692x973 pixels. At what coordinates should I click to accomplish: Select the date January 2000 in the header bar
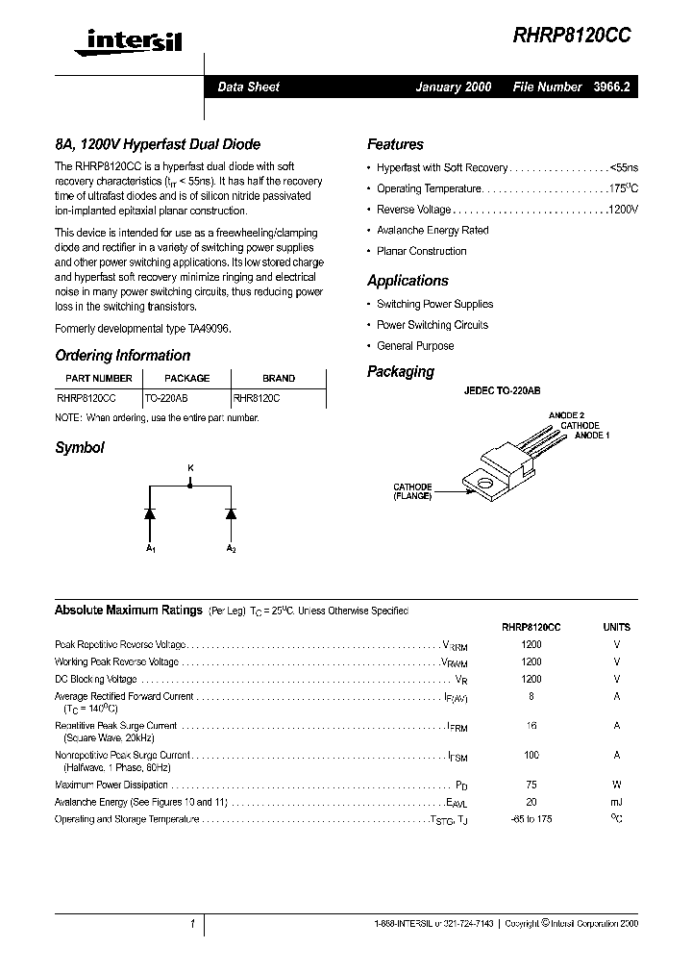tap(453, 87)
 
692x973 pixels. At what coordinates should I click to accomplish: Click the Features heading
tap(395, 144)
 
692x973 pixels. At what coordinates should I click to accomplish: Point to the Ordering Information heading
tap(122, 355)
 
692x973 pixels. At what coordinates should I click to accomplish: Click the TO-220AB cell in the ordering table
tap(166, 395)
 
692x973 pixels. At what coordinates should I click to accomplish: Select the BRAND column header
tap(279, 378)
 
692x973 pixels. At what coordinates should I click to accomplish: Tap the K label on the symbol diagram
tap(189, 467)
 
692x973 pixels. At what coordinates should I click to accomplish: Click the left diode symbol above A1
tap(150, 513)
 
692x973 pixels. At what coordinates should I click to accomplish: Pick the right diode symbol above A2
tap(231, 513)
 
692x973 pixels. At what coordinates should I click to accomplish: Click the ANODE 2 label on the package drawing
tap(566, 415)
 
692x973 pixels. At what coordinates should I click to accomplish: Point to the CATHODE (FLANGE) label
tap(412, 491)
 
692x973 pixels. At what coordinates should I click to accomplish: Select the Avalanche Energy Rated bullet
tap(432, 231)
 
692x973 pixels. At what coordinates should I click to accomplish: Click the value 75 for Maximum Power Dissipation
tap(531, 785)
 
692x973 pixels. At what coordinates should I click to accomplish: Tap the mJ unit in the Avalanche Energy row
tap(616, 802)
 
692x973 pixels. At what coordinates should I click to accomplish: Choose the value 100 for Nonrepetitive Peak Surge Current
tap(531, 756)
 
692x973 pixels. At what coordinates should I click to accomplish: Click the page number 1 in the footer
tap(192, 924)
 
